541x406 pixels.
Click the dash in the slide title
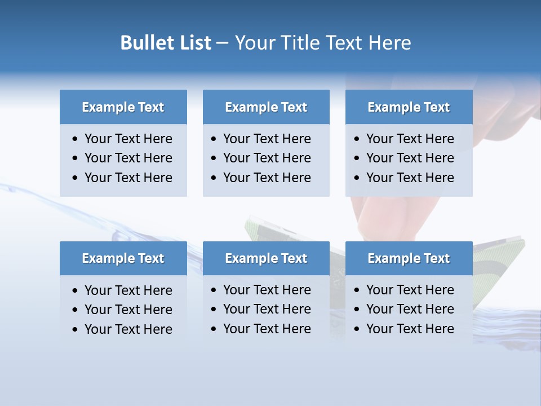(222, 43)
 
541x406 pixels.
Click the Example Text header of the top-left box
(123, 107)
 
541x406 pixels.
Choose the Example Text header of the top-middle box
(266, 107)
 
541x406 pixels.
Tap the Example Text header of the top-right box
(409, 107)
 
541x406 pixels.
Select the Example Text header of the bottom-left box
(123, 258)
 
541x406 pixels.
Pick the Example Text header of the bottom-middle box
(266, 258)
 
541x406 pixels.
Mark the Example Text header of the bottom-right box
(409, 258)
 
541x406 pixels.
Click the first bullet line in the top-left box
(128, 139)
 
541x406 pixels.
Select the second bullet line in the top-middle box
(267, 158)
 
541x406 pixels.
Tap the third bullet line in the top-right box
(410, 178)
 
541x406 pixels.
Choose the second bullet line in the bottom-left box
(128, 310)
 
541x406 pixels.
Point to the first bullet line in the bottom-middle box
(267, 290)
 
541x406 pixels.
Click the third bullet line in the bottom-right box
(410, 329)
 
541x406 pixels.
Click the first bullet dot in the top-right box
(357, 139)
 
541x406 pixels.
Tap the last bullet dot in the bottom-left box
(76, 330)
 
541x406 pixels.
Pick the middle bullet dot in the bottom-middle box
(214, 310)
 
